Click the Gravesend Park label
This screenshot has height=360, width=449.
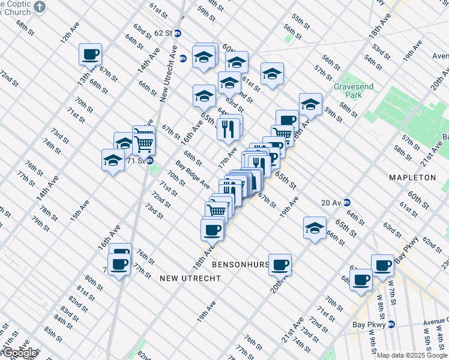click(354, 91)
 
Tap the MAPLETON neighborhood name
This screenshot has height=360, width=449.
click(412, 178)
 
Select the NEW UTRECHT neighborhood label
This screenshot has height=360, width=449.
click(190, 278)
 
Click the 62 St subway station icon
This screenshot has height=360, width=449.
click(177, 33)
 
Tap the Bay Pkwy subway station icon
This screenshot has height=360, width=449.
click(392, 324)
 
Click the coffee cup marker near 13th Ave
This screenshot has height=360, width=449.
click(90, 54)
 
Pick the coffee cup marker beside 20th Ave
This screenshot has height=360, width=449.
click(280, 264)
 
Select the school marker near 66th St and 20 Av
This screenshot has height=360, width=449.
click(315, 228)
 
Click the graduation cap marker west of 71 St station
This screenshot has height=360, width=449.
click(113, 160)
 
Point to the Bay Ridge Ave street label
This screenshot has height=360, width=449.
click(192, 174)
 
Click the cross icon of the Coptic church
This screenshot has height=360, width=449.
click(40, 7)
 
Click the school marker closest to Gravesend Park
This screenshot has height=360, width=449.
click(310, 104)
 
